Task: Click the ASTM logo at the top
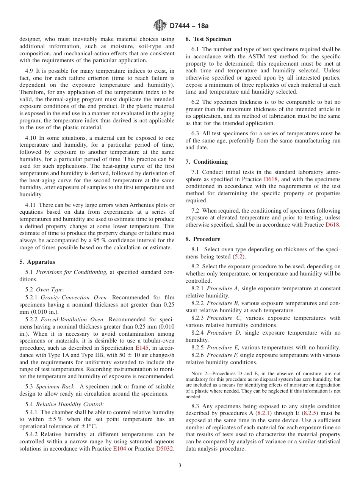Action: (160, 25)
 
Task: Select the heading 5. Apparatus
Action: (37, 262)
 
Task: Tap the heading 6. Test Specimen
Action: (208, 39)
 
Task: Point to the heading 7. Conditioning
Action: (207, 162)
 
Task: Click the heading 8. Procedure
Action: (203, 239)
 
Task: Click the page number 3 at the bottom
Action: (180, 465)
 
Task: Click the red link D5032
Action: (164, 449)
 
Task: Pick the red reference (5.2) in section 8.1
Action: (238, 257)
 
